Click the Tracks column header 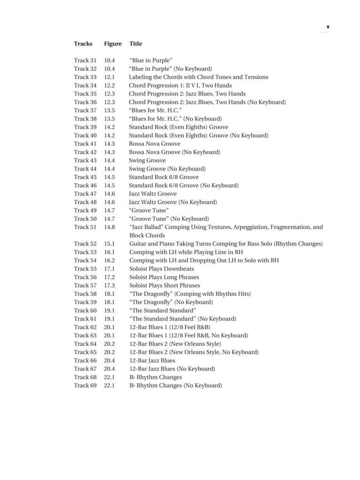click(83, 44)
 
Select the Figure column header click(112, 44)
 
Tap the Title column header click(135, 44)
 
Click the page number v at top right click(328, 27)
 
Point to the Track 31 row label click(85, 60)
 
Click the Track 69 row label click(85, 385)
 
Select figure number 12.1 click(109, 77)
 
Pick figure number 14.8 click(109, 227)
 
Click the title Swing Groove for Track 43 click(147, 160)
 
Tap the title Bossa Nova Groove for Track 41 click(154, 143)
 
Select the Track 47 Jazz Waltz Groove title click(153, 194)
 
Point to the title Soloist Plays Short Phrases click(164, 285)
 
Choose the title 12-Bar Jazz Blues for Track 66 click(152, 360)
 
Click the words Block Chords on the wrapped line click(147, 235)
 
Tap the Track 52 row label click(85, 244)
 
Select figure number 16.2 click(109, 260)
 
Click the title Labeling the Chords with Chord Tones click(198, 77)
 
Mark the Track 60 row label click(85, 310)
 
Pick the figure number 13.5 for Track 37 click(109, 110)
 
